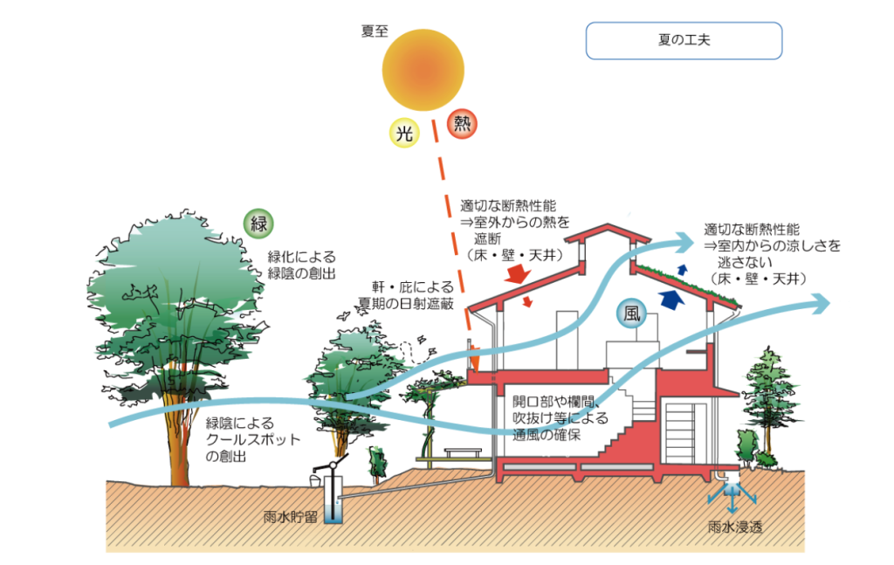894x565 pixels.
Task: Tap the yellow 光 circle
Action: tap(404, 133)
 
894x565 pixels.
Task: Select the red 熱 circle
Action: tap(462, 124)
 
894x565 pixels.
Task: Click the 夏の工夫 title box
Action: tap(683, 41)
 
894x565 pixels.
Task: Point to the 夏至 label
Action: tap(374, 31)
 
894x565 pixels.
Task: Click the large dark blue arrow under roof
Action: tap(670, 300)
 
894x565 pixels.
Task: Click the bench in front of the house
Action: tap(464, 452)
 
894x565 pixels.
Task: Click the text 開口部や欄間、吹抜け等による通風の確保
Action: tap(559, 418)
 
